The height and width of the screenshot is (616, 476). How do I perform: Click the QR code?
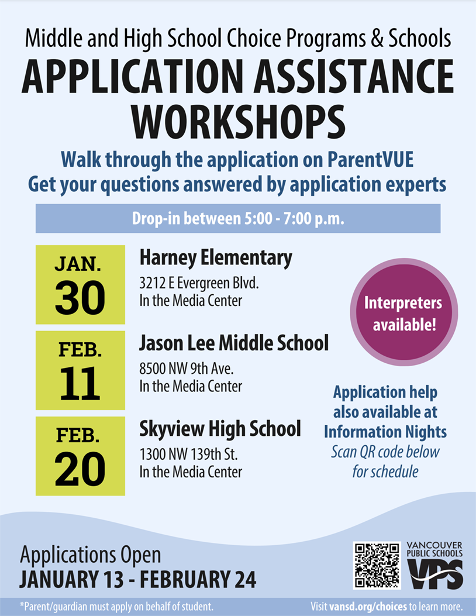pyautogui.click(x=377, y=565)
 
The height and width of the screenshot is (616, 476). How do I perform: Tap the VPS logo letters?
pyautogui.click(x=435, y=574)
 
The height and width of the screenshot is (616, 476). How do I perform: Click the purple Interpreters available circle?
pyautogui.click(x=403, y=314)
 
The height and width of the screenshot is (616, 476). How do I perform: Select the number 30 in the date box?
pyautogui.click(x=80, y=297)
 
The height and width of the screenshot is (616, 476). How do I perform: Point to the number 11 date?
pyautogui.click(x=80, y=384)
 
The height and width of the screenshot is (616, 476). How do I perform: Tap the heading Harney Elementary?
pyautogui.click(x=215, y=257)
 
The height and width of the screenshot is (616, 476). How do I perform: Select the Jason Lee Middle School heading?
pyautogui.click(x=234, y=343)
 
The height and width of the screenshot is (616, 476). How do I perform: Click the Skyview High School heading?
pyautogui.click(x=220, y=429)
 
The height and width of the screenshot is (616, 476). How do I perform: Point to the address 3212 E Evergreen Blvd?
pyautogui.click(x=199, y=284)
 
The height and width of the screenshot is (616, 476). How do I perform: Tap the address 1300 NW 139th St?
pyautogui.click(x=188, y=455)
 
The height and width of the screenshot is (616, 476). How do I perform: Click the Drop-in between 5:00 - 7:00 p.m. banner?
pyautogui.click(x=237, y=219)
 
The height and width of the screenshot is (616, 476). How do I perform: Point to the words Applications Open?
pyautogui.click(x=91, y=554)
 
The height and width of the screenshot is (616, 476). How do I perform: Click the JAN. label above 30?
pyautogui.click(x=80, y=264)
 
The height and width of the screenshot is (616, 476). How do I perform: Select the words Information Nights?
pyautogui.click(x=385, y=432)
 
